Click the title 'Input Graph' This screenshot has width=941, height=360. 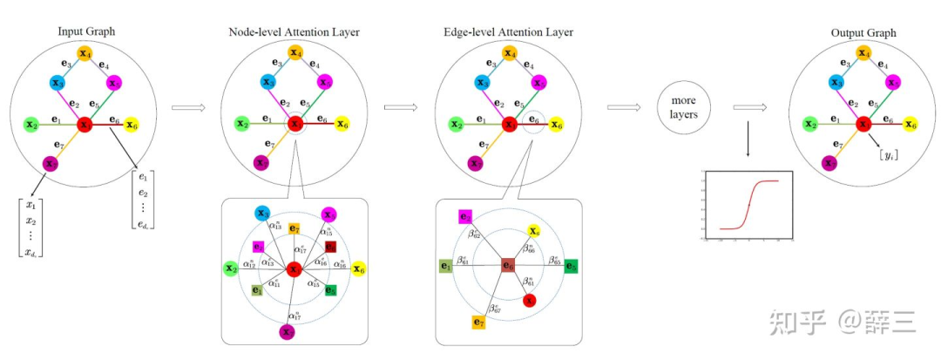point(85,32)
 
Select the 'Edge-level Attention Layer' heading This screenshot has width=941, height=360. point(508,32)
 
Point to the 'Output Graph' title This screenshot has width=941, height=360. point(863,32)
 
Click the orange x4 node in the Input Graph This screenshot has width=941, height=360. point(85,54)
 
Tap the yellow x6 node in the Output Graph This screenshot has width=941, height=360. point(911,125)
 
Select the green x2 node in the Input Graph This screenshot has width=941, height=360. point(30,125)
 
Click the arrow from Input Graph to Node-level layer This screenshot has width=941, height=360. point(187,108)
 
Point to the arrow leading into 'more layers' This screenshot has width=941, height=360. point(623,108)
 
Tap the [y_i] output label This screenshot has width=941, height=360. point(889,154)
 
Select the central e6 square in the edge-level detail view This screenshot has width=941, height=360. point(508,265)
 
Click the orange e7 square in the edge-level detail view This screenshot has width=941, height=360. point(478,323)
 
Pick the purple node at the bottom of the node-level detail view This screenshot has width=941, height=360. point(287,331)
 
